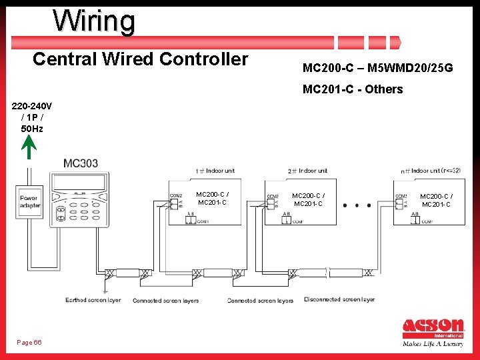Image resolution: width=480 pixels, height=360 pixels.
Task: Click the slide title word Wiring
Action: point(94,21)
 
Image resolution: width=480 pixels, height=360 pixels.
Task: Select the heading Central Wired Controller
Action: point(140,59)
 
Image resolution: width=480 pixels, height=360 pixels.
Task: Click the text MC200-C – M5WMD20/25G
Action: point(377,68)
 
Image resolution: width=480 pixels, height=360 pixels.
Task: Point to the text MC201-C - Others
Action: point(353,89)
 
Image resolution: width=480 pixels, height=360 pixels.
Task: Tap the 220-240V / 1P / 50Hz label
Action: point(32,117)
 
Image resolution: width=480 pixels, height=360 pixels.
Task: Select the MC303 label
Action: point(81,163)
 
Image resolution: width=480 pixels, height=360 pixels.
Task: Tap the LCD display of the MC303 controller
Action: point(79,181)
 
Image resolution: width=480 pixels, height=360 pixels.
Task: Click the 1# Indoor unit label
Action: point(215,171)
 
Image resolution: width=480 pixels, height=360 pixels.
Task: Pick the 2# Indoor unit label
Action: point(307,171)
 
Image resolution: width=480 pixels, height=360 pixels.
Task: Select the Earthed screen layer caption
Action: point(93,301)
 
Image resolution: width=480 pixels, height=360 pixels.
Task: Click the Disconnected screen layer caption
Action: point(339,300)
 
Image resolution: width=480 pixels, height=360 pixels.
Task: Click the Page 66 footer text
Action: point(29,342)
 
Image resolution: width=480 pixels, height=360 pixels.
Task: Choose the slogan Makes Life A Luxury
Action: point(433,345)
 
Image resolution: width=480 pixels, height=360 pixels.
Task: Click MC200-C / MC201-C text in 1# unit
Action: point(212,199)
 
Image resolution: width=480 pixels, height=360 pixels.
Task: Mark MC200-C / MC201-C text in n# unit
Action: point(436,200)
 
